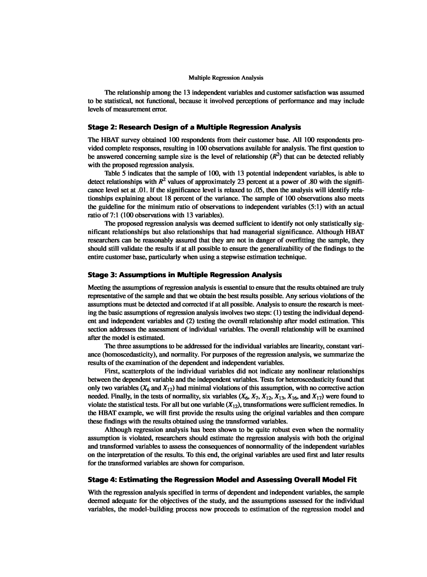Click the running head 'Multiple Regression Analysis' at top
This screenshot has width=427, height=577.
tap(226, 78)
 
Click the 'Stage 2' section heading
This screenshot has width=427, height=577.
tap(194, 127)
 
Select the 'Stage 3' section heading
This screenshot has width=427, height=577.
tap(185, 275)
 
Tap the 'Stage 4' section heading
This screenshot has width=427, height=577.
tap(222, 480)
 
